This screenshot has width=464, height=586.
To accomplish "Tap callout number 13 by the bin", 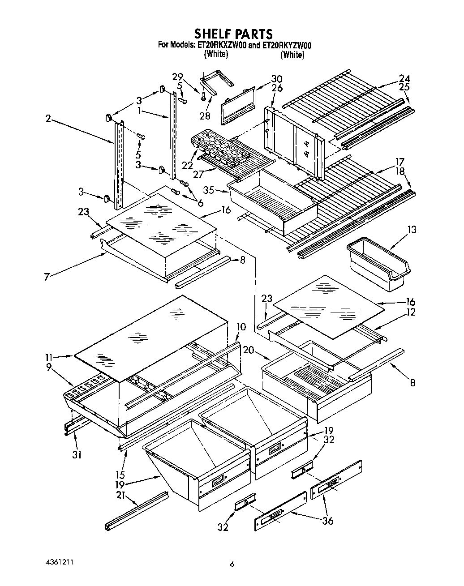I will point(412,230).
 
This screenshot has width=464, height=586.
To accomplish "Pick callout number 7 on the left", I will point(46,277).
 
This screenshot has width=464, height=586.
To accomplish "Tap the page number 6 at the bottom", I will point(232,565).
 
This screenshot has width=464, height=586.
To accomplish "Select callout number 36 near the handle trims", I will point(327,521).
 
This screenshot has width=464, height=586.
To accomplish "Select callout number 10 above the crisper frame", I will point(241,327).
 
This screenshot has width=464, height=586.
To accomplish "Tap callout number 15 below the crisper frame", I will point(120,475).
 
